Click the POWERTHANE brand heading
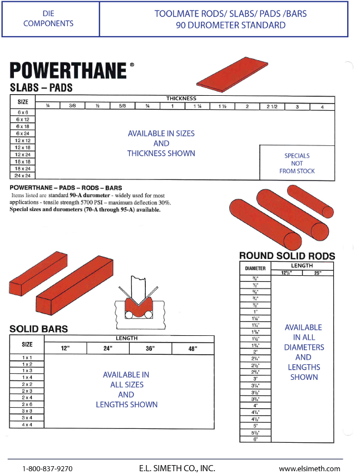point(68,71)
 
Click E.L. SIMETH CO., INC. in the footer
point(177,468)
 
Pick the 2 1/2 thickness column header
point(272,106)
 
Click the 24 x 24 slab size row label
point(23,175)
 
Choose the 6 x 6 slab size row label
point(23,112)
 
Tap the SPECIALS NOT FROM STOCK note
point(297,163)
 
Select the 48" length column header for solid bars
point(193,349)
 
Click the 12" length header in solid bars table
point(65,349)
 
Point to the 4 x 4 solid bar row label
point(27,424)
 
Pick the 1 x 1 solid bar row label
point(27,357)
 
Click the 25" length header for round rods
point(318,273)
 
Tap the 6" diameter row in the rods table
point(255,439)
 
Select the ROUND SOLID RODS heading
point(287,256)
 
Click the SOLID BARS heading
point(38,329)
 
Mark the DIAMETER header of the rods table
point(255,268)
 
